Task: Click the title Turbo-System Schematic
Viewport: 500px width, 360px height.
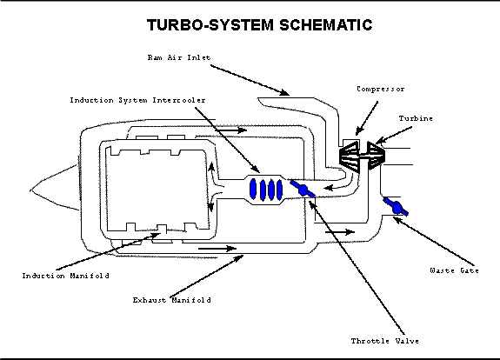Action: pyautogui.click(x=260, y=25)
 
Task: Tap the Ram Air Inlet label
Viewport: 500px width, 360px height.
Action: pyautogui.click(x=179, y=57)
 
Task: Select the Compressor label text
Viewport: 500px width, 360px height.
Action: pyautogui.click(x=380, y=89)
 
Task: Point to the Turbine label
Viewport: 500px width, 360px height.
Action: pyautogui.click(x=416, y=118)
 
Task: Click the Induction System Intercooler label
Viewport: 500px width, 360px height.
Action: pyautogui.click(x=137, y=100)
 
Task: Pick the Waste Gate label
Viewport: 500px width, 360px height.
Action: pyautogui.click(x=454, y=270)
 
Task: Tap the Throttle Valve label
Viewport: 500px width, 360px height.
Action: pyautogui.click(x=385, y=341)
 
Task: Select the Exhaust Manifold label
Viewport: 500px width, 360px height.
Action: pyautogui.click(x=171, y=300)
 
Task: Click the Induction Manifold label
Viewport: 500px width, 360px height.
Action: pyautogui.click(x=65, y=276)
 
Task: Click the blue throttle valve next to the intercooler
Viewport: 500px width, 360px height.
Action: pyautogui.click(x=303, y=190)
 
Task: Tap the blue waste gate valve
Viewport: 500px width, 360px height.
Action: pyautogui.click(x=396, y=207)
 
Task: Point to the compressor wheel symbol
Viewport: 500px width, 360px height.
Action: pyautogui.click(x=349, y=157)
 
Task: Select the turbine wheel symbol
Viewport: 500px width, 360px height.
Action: pyautogui.click(x=377, y=156)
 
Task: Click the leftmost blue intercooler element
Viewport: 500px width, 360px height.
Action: pyautogui.click(x=253, y=189)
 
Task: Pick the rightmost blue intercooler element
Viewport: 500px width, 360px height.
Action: pyautogui.click(x=279, y=190)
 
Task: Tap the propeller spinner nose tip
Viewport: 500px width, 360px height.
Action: pyautogui.click(x=30, y=190)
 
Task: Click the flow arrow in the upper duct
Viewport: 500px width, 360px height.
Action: pyautogui.click(x=230, y=130)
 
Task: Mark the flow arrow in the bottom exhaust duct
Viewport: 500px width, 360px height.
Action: pyautogui.click(x=217, y=249)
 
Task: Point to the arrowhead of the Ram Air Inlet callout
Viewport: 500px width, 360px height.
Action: pyautogui.click(x=283, y=92)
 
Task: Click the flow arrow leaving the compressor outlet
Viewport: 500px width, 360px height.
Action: pyautogui.click(x=333, y=187)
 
